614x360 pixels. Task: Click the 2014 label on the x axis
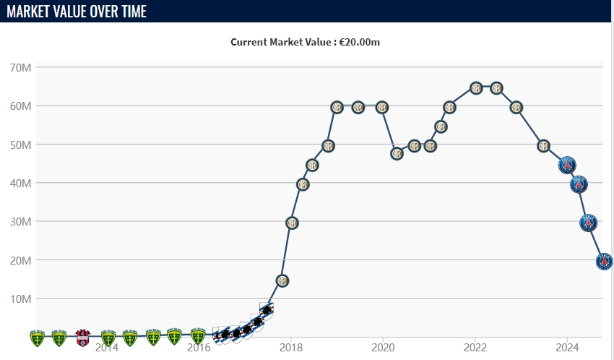click(x=106, y=348)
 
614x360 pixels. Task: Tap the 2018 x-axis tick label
click(x=290, y=348)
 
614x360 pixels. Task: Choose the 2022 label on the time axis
click(x=475, y=348)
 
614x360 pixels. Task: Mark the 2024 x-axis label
click(x=567, y=348)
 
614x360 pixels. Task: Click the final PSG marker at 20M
click(x=605, y=262)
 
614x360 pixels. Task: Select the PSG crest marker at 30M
click(x=589, y=223)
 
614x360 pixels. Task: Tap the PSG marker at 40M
click(x=579, y=184)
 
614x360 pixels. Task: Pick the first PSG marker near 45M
click(x=568, y=165)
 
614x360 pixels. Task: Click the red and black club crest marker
click(x=82, y=337)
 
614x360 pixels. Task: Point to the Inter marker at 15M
click(x=282, y=280)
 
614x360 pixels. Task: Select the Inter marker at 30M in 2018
click(x=292, y=223)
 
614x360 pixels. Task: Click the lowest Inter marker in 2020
click(x=397, y=153)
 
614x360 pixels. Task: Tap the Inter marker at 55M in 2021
click(x=441, y=127)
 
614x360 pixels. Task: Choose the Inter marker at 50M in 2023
click(x=543, y=146)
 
